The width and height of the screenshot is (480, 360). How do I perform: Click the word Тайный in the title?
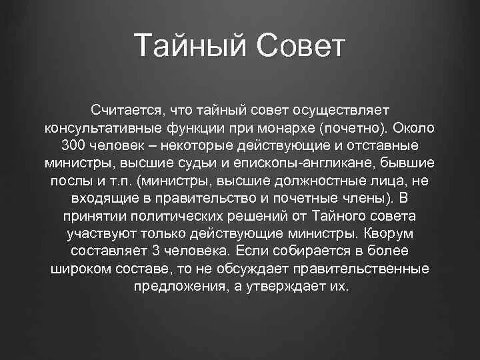tap(189, 46)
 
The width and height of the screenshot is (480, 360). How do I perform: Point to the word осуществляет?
tap(339, 108)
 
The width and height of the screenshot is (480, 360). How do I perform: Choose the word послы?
tap(68, 180)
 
